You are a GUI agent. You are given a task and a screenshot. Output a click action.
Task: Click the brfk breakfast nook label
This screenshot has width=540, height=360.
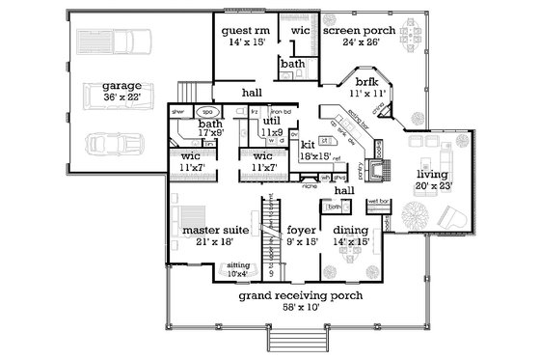tap(367, 88)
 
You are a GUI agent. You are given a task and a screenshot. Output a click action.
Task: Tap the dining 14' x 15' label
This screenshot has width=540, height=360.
tap(350, 236)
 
